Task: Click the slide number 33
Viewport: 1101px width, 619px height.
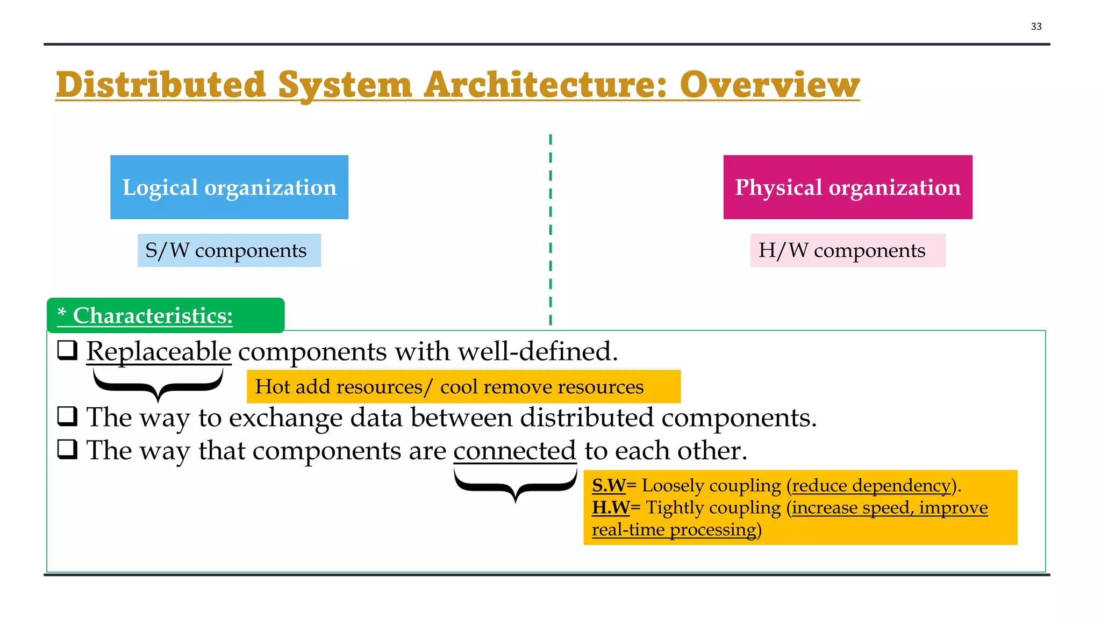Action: (x=1036, y=26)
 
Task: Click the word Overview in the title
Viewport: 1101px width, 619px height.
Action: (x=769, y=85)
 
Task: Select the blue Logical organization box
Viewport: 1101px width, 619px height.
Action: (x=229, y=187)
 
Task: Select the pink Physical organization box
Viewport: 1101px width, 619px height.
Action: (x=847, y=187)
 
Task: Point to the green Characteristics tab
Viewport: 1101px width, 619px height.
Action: (x=165, y=315)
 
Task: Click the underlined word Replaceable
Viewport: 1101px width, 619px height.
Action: (x=159, y=351)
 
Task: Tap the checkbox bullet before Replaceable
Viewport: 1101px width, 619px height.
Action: (x=68, y=350)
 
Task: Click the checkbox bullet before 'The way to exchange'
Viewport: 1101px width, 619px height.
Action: (x=68, y=416)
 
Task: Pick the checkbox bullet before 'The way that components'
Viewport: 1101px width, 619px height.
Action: (x=68, y=449)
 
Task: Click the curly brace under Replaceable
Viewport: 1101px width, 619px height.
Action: (x=158, y=384)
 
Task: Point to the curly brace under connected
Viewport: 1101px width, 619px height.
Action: (x=515, y=484)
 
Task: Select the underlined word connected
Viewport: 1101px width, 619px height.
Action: (x=514, y=450)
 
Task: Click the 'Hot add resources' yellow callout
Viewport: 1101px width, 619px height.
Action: (x=463, y=386)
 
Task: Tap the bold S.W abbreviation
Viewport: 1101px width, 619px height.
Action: (x=609, y=486)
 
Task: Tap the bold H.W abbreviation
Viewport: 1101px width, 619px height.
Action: (x=611, y=508)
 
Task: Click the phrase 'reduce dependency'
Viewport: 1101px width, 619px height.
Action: (x=871, y=486)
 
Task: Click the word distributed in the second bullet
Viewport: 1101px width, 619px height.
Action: (x=587, y=418)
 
